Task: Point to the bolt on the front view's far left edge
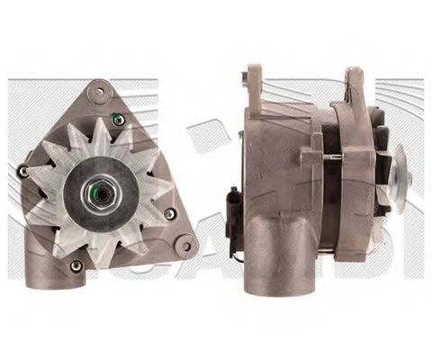[x=22, y=171]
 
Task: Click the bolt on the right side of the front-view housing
[x=169, y=213]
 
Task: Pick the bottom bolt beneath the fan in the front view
[x=76, y=264]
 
